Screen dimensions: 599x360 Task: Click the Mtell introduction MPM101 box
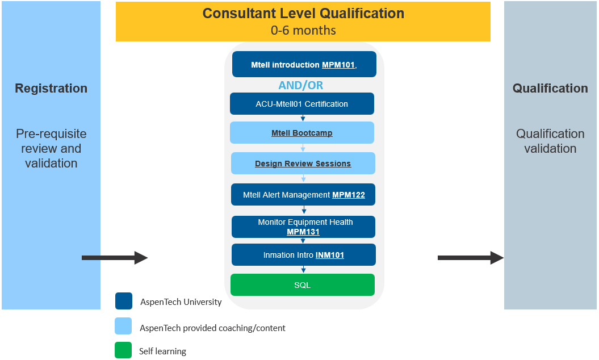[304, 64]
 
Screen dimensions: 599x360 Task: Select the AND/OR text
[301, 85]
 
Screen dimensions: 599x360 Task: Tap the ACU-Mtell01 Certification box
[302, 103]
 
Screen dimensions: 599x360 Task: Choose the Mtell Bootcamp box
[302, 133]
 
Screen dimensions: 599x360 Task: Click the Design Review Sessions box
[303, 163]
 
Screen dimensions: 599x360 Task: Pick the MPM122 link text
[349, 195]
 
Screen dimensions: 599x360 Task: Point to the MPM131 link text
[303, 232]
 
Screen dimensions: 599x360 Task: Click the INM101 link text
[330, 255]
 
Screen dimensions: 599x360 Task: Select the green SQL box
[303, 284]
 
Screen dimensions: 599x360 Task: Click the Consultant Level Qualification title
[303, 14]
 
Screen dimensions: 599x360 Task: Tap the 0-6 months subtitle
[303, 30]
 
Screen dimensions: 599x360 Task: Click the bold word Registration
[51, 88]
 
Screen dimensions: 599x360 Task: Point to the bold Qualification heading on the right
[550, 88]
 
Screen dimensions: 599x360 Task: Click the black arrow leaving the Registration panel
[115, 258]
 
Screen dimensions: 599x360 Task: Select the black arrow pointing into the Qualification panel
[471, 258]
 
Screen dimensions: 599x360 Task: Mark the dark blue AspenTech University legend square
[124, 301]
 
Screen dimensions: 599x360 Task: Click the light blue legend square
[123, 326]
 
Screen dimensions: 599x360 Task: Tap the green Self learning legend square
[123, 350]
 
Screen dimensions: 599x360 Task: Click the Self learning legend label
[163, 351]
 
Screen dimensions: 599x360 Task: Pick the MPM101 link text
[338, 65]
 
